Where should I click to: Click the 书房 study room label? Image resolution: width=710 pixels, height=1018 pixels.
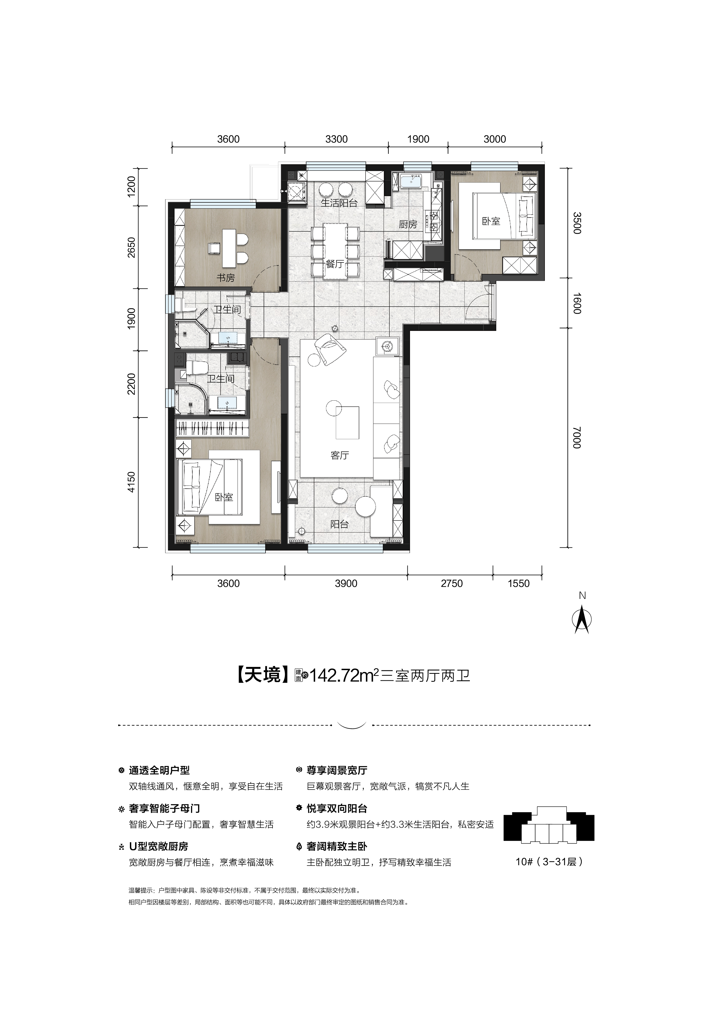(226, 278)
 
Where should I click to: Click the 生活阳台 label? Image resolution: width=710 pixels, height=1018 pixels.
(339, 203)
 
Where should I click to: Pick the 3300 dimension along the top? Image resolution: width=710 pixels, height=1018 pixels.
(336, 139)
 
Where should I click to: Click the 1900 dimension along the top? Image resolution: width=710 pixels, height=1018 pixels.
(418, 139)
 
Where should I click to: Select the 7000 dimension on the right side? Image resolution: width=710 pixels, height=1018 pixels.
(576, 438)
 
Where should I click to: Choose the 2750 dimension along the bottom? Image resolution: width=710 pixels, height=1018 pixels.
(452, 583)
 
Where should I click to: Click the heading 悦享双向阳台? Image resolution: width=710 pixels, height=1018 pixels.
(337, 809)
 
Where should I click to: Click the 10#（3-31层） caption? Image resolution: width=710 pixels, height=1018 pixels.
(549, 862)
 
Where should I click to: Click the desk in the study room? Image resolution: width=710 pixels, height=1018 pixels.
(229, 247)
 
